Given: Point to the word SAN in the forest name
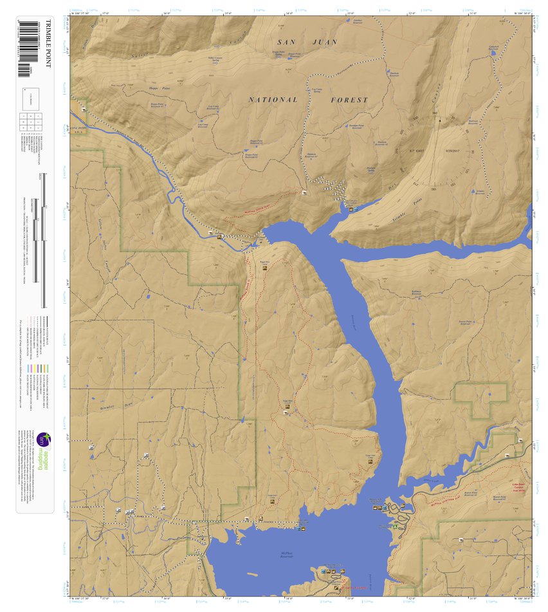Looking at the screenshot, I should point(286,42).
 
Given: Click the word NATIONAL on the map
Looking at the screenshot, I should point(273,100).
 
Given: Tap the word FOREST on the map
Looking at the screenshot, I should point(349,100).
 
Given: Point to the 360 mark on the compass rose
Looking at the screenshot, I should point(435,114).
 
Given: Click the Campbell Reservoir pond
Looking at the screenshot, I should point(493,54).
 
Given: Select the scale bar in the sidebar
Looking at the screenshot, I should point(43,238).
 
